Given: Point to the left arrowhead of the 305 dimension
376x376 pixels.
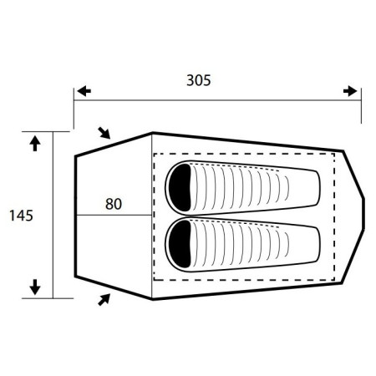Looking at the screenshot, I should point(81,90).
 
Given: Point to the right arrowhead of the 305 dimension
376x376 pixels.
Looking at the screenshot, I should point(353,90).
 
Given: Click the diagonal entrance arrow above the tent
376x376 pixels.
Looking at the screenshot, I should point(104,132).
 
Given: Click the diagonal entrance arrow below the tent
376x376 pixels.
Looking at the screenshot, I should point(104,298).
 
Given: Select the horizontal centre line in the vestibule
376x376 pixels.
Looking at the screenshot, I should point(113,216).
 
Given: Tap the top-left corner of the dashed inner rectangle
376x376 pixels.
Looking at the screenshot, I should point(154,154).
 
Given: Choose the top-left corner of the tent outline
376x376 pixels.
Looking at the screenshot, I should point(74,155).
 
